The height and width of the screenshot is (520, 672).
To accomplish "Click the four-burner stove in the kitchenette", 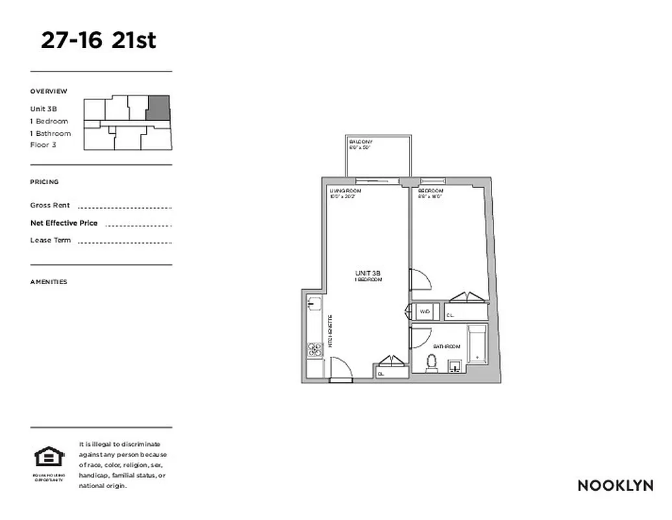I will pyautogui.click(x=315, y=350).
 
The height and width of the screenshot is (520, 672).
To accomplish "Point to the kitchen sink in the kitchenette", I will pyautogui.click(x=312, y=303).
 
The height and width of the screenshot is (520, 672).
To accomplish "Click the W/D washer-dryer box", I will pyautogui.click(x=425, y=312).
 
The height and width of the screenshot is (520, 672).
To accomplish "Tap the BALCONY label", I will pyautogui.click(x=360, y=142).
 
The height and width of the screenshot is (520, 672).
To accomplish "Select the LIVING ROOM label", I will pyautogui.click(x=345, y=190).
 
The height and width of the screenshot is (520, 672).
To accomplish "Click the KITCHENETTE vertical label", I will pyautogui.click(x=330, y=331).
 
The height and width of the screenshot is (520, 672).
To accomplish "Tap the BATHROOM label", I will pyautogui.click(x=447, y=347).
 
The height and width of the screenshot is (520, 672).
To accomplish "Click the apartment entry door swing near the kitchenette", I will pyautogui.click(x=342, y=371).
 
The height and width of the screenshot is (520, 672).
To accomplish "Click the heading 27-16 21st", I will pyautogui.click(x=99, y=40).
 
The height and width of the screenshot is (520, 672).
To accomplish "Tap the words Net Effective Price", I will pyautogui.click(x=64, y=223).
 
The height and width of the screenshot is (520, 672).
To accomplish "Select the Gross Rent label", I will pyautogui.click(x=50, y=205).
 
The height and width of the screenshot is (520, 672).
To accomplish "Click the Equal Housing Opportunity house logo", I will pyautogui.click(x=49, y=458).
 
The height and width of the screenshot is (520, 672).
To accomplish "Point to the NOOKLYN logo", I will pyautogui.click(x=615, y=486).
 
